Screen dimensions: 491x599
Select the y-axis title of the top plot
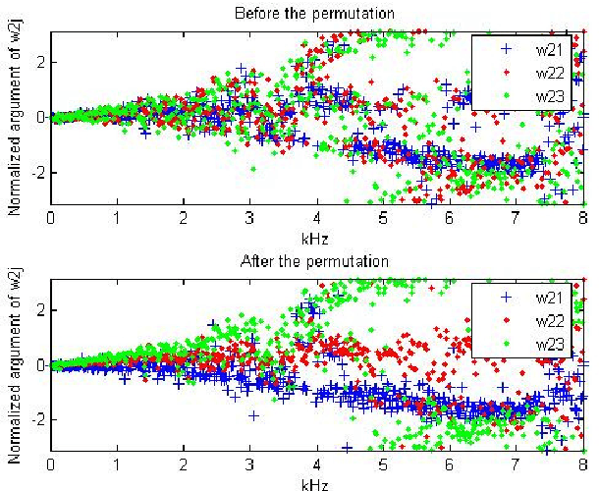(x=15, y=117)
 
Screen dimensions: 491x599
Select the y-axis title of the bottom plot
(x=15, y=365)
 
